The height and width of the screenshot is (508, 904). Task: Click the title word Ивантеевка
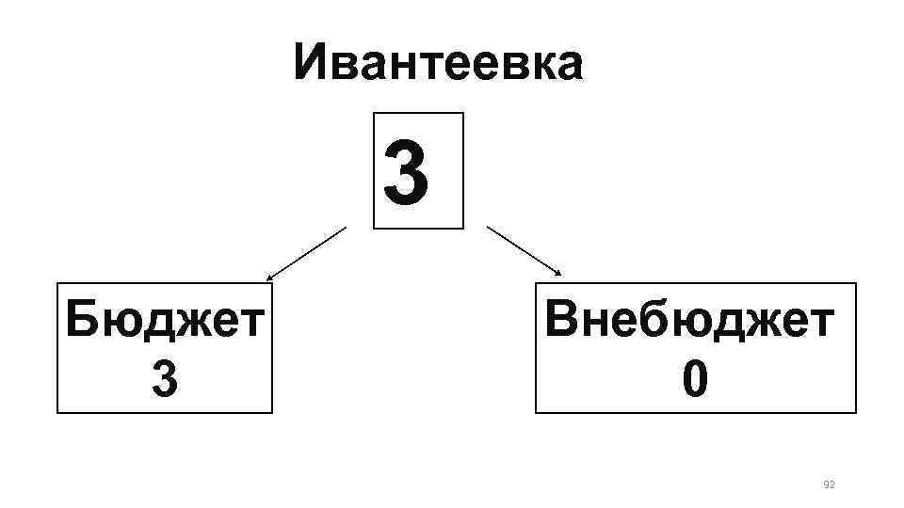(438, 63)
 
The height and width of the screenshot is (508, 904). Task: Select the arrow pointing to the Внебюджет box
(523, 249)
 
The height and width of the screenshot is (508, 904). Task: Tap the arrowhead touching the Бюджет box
(269, 279)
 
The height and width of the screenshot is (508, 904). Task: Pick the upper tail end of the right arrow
(487, 226)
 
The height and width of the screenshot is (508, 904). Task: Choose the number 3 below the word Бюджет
(164, 380)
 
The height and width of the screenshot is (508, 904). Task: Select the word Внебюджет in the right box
(690, 323)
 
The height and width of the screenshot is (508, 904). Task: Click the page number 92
(830, 484)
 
